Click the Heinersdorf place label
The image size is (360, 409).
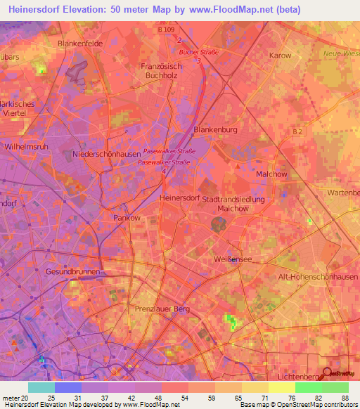pos(181,198)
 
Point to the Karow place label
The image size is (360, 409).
pos(280,55)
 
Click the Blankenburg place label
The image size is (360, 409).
pos(215,130)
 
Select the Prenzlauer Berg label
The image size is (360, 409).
pos(162,309)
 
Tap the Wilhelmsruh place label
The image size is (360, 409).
pos(26,148)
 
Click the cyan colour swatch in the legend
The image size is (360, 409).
pos(41,387)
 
